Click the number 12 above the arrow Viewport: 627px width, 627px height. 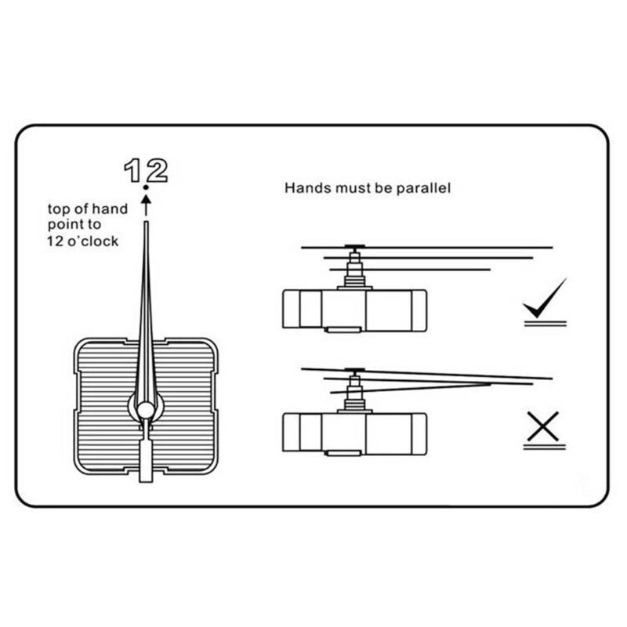point(146,170)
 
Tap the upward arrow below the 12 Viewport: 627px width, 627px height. point(146,205)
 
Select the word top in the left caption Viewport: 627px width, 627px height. point(59,209)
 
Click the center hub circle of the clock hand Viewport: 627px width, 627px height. point(146,408)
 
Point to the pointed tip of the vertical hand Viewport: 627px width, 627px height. point(146,225)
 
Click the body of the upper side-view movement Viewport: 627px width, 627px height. point(354,310)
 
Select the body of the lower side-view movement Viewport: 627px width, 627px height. point(354,433)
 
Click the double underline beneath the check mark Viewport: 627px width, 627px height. point(545,322)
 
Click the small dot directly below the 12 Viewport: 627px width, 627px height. point(146,188)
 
